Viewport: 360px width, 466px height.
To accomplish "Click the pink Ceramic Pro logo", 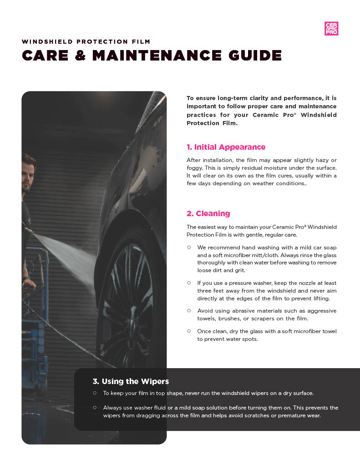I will (x=331, y=29).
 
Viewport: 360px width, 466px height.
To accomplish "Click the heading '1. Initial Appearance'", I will (x=226, y=147).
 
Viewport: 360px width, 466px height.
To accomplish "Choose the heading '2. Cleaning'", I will (x=208, y=213).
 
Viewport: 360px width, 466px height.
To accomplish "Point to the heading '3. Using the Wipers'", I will (x=131, y=381).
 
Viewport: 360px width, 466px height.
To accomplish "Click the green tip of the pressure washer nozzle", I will (x=32, y=232).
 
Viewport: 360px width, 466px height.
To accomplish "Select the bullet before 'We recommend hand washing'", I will (x=188, y=247).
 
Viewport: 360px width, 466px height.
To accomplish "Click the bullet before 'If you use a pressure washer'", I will (x=188, y=283).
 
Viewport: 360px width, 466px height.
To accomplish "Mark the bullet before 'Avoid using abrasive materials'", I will (x=188, y=310).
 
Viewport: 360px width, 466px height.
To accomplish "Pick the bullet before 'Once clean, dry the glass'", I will (x=188, y=331).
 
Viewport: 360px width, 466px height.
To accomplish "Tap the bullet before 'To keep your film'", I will (x=94, y=392).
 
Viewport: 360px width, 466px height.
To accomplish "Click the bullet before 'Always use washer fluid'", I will (x=94, y=407).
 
